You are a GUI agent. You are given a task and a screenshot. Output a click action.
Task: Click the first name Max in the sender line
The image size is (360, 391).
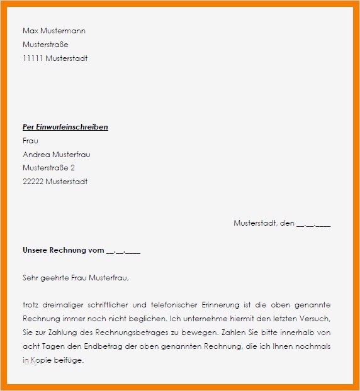(30, 31)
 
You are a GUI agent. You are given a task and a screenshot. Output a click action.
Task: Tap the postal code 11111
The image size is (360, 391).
(33, 58)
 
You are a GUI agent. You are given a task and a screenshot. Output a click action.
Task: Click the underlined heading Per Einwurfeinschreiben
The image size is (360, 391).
(65, 127)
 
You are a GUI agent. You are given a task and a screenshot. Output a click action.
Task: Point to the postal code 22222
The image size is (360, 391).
(33, 182)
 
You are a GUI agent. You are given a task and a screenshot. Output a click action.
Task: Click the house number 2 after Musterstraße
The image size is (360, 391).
(72, 168)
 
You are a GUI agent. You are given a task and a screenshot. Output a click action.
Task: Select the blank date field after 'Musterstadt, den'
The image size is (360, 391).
(313, 223)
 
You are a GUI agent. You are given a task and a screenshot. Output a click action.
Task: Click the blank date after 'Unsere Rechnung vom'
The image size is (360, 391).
(123, 250)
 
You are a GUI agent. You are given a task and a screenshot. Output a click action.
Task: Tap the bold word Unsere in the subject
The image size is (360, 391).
(37, 250)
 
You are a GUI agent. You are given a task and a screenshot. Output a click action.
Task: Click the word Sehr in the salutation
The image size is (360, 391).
(30, 277)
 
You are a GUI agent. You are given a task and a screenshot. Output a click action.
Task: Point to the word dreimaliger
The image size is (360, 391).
(65, 305)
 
